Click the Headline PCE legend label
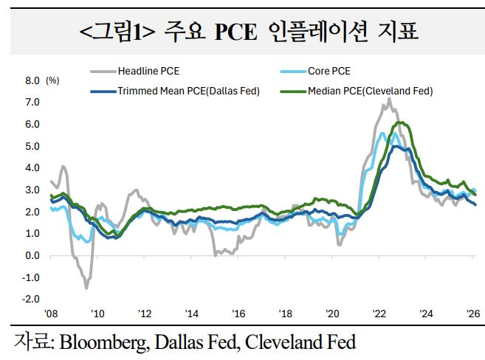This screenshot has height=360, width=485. (x=148, y=72)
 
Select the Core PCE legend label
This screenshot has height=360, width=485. (x=331, y=72)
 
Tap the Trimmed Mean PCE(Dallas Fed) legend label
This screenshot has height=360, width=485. (x=188, y=91)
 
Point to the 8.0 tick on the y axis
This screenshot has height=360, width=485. (x=33, y=80)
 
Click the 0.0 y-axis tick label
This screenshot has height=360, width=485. (x=33, y=255)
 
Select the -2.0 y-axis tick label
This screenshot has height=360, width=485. (x=32, y=300)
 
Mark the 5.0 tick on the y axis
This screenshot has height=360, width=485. (x=33, y=146)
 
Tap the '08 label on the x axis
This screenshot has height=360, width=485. (x=50, y=313)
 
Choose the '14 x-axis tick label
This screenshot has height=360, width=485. (x=192, y=313)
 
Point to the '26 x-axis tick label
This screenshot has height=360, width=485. (x=473, y=313)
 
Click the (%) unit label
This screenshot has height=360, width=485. (x=52, y=80)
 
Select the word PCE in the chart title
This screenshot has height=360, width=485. (x=235, y=31)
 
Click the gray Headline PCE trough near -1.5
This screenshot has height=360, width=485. (x=86, y=288)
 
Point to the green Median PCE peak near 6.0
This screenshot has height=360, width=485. (x=400, y=122)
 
